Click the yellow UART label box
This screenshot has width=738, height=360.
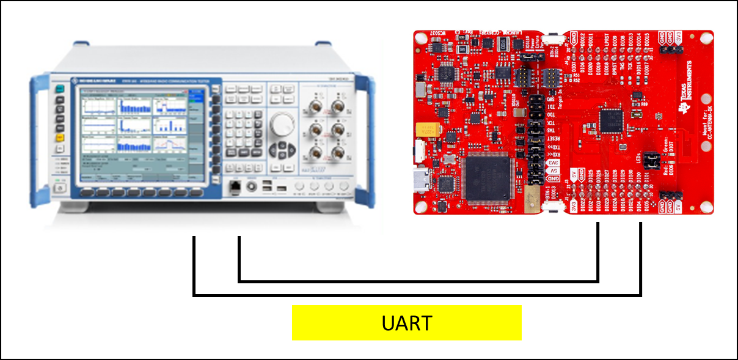pyautogui.click(x=406, y=323)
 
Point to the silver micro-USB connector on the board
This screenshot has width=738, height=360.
pyautogui.click(x=421, y=181)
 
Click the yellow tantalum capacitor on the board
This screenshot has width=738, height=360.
pyautogui.click(x=428, y=130)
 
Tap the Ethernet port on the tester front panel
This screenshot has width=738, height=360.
pyautogui.click(x=235, y=185)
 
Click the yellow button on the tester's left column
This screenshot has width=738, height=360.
pyautogui.click(x=60, y=138)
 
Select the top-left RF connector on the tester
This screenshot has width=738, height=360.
pyautogui.click(x=316, y=109)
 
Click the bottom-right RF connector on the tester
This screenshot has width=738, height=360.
pyautogui.click(x=338, y=153)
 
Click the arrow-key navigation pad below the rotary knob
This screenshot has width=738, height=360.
pyautogui.click(x=281, y=150)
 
